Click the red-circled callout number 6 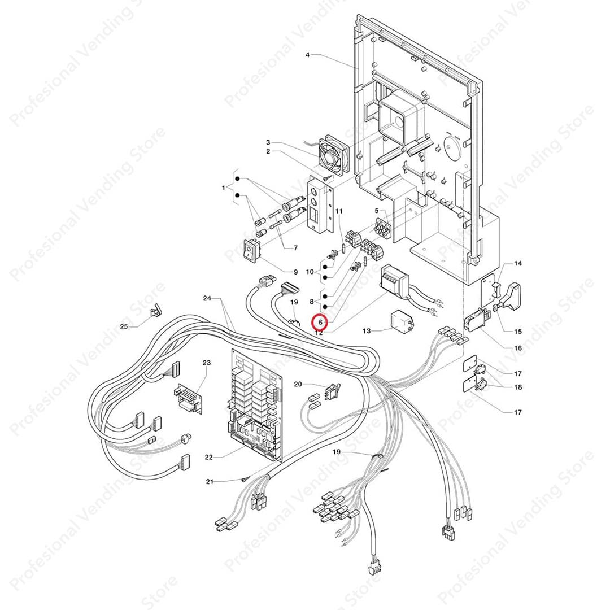(320, 322)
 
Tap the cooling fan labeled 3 (334, 154)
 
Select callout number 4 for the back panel (307, 55)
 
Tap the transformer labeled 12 (395, 281)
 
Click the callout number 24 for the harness (207, 298)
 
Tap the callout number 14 (518, 264)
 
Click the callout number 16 (518, 348)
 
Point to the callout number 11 (339, 211)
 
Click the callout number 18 (518, 387)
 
